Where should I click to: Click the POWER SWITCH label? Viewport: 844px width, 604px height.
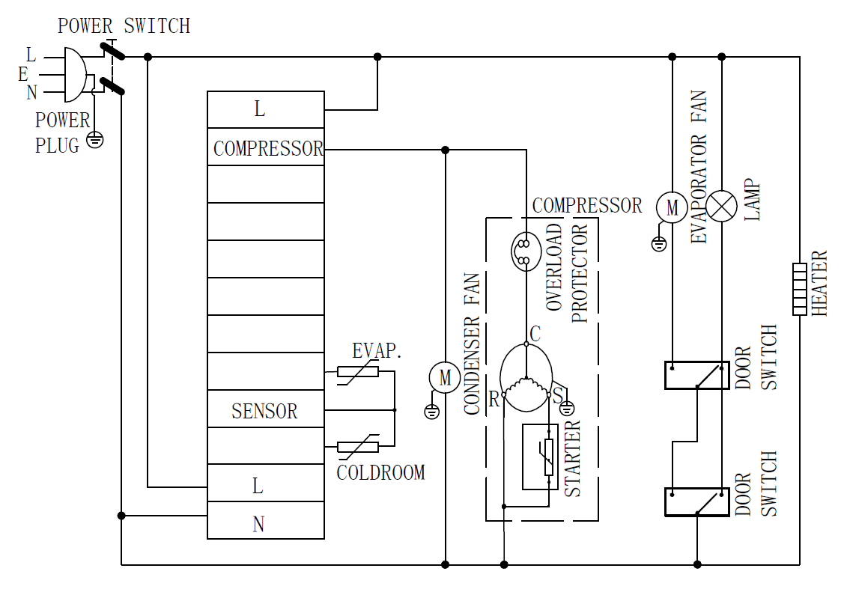[124, 26]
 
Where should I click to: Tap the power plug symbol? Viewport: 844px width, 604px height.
[74, 75]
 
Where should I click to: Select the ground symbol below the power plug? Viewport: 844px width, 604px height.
[94, 140]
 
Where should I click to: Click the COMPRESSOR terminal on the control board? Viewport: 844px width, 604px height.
[266, 148]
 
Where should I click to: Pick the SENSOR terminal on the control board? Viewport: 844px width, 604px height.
[266, 410]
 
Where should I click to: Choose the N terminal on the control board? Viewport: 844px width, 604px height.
[258, 524]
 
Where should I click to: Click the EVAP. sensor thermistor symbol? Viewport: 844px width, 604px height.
[358, 372]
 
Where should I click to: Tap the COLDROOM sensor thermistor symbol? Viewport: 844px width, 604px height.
[358, 447]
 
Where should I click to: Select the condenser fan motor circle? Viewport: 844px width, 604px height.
[445, 377]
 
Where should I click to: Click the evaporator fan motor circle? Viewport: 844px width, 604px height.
[672, 207]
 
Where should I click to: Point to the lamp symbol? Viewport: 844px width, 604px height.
[722, 207]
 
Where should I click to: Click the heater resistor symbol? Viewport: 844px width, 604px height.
[800, 289]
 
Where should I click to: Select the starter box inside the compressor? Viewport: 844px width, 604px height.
[540, 457]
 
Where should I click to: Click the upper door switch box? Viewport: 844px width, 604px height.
[697, 375]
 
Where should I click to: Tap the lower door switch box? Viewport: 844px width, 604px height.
[697, 502]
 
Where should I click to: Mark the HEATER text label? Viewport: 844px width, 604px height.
[821, 283]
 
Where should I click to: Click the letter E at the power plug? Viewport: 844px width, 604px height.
[23, 74]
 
